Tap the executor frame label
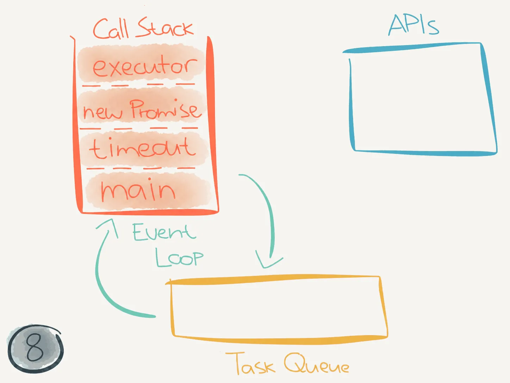(x=145, y=66)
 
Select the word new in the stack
(x=102, y=112)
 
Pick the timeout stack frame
(x=142, y=148)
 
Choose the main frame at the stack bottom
(x=138, y=189)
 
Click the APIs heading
(x=413, y=25)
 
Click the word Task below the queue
(x=250, y=363)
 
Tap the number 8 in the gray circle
(x=35, y=347)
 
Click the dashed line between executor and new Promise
(x=138, y=85)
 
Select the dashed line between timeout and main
(x=141, y=168)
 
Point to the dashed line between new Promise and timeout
(x=139, y=128)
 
